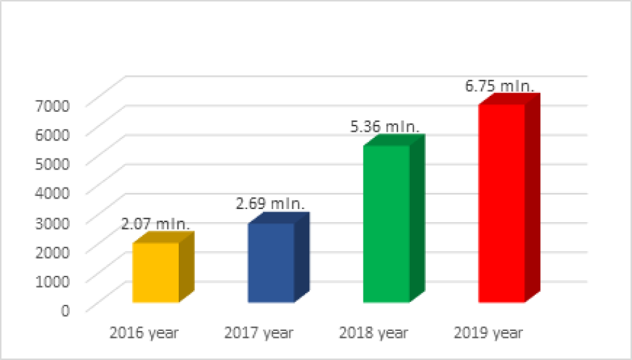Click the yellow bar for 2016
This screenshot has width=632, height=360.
[x=156, y=272]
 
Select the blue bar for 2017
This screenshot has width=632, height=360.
[x=271, y=263]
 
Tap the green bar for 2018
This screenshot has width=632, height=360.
[x=386, y=224]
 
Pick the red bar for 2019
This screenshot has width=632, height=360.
[x=502, y=203]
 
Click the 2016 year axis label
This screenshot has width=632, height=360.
[x=144, y=332]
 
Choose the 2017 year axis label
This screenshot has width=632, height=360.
[x=259, y=332]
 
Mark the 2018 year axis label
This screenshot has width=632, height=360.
[x=374, y=332]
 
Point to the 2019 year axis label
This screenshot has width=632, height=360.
[x=489, y=332]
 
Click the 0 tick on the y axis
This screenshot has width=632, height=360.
[x=66, y=310]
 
